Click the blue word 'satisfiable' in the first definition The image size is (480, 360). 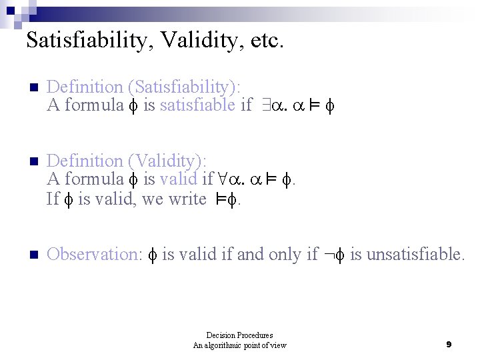197,105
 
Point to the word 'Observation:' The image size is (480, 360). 93,254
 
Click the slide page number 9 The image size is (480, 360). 449,345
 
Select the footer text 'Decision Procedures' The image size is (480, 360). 239,335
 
